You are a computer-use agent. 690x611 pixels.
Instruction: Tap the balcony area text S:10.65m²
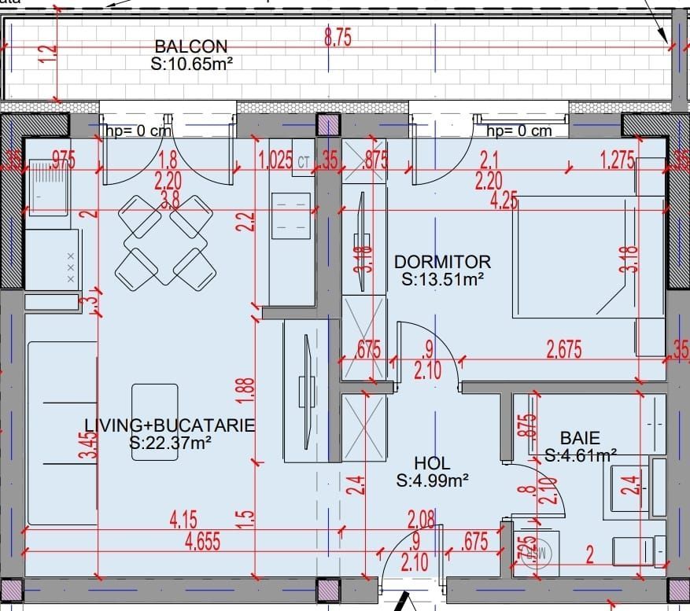[x=191, y=62]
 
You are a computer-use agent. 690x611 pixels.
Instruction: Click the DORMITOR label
[x=442, y=261]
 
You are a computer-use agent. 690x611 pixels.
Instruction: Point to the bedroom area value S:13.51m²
[x=442, y=278]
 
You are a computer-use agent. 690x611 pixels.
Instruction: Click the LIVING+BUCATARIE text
[x=170, y=426]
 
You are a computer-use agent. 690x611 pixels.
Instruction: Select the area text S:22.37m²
[x=170, y=444]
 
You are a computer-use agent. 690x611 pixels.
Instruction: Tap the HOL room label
[x=433, y=464]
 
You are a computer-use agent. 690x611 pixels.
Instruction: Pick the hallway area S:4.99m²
[x=433, y=481]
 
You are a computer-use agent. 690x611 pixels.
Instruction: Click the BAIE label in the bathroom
[x=580, y=438]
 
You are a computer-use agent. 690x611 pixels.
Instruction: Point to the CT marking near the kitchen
[x=304, y=162]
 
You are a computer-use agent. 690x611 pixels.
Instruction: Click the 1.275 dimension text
[x=617, y=161]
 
